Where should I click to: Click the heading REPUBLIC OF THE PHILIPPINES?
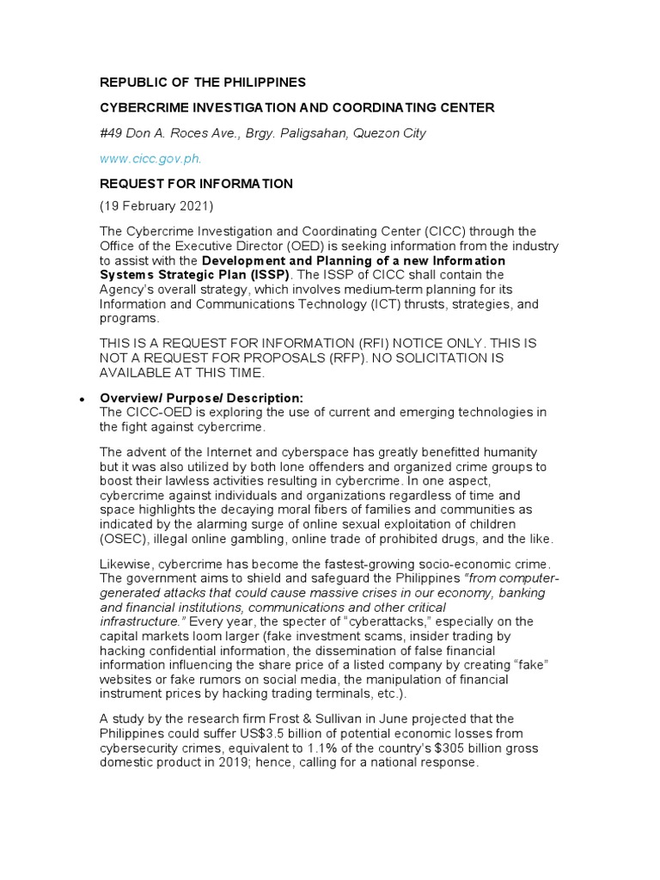point(203,82)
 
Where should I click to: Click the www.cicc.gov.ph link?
point(151,159)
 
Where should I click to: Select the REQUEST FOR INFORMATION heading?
point(197,184)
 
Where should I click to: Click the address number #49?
point(111,133)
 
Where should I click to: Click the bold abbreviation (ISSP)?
point(269,274)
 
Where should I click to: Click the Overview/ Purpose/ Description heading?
point(202,398)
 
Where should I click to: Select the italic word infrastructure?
point(144,621)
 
